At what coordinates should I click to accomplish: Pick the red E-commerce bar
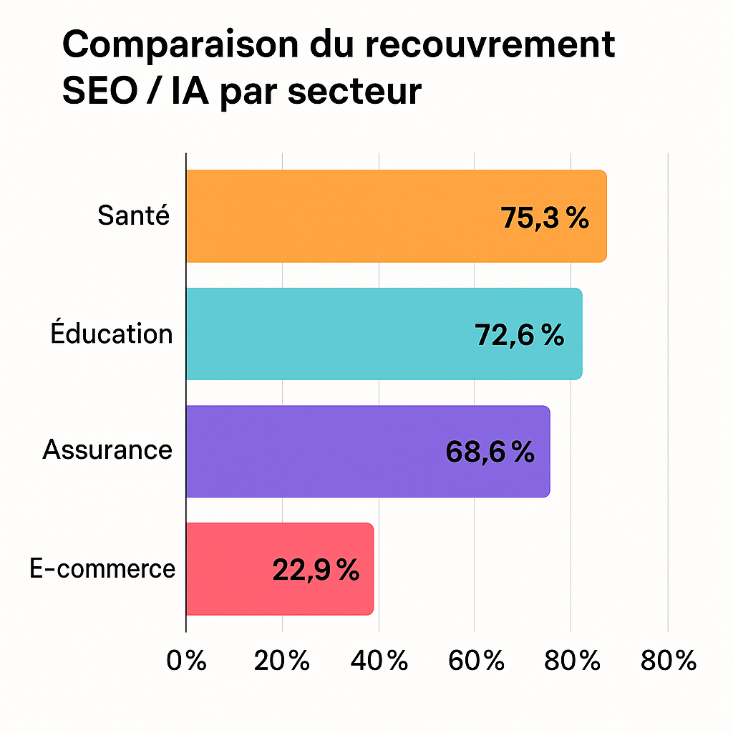pyautogui.click(x=229, y=569)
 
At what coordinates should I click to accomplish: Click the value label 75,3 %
pyautogui.click(x=545, y=218)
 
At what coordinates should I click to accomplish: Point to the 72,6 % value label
pyautogui.click(x=520, y=335)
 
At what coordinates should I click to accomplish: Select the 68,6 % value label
pyautogui.click(x=490, y=452)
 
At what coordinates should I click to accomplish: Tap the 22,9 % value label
pyautogui.click(x=316, y=570)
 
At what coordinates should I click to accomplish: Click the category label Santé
pyautogui.click(x=135, y=215)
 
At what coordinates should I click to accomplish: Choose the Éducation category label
pyautogui.click(x=112, y=334)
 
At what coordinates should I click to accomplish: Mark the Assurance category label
pyautogui.click(x=107, y=450)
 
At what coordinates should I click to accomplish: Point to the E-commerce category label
pyautogui.click(x=102, y=568)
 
